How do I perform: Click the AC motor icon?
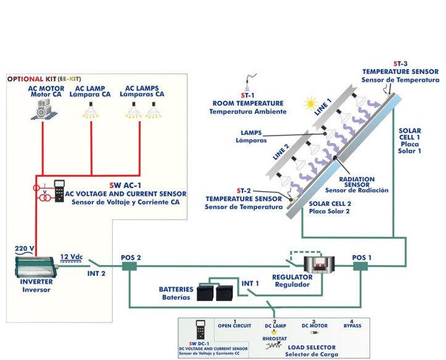42,110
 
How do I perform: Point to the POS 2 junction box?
130,266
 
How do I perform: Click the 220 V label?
24,249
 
